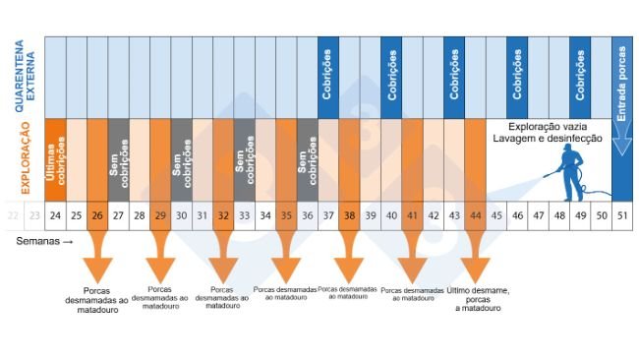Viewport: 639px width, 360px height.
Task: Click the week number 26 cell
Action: pyautogui.click(x=97, y=214)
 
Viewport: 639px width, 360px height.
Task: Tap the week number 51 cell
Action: pyautogui.click(x=621, y=214)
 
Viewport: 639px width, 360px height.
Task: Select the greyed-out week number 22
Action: pyautogui.click(x=13, y=214)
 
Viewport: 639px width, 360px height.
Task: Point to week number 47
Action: pyautogui.click(x=538, y=214)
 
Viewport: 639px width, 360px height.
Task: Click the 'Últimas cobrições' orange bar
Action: pyautogui.click(x=55, y=159)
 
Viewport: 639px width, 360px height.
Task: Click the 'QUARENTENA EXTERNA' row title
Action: pyautogui.click(x=20, y=77)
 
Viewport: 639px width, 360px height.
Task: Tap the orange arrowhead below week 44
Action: pyautogui.click(x=475, y=268)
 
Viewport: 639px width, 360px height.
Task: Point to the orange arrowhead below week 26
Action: pyautogui.click(x=97, y=268)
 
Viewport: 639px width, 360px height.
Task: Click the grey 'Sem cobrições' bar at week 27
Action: pyautogui.click(x=118, y=159)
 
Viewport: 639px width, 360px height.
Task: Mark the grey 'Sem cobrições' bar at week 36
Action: pyautogui.click(x=307, y=159)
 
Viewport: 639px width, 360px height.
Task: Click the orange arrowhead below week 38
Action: pyautogui.click(x=349, y=268)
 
